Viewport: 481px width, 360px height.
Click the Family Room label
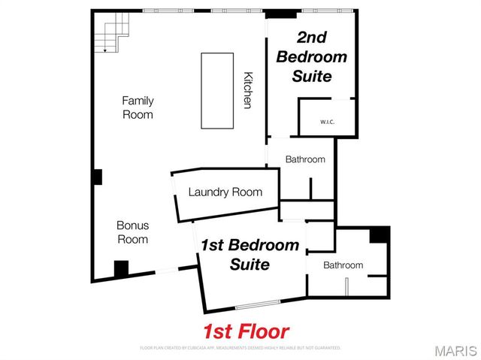(x=138, y=107)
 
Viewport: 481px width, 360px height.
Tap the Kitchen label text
(x=247, y=90)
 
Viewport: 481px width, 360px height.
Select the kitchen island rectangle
(x=216, y=90)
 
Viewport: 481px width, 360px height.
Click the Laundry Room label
(x=225, y=192)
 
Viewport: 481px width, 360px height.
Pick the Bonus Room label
(x=132, y=232)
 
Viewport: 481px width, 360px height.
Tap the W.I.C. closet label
(x=327, y=122)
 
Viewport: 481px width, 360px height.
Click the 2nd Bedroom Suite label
(x=312, y=56)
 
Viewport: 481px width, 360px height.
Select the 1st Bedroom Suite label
(x=250, y=255)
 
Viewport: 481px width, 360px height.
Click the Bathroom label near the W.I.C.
(x=305, y=159)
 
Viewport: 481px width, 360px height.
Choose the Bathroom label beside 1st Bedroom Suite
(x=343, y=265)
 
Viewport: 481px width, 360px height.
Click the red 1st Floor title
(x=245, y=331)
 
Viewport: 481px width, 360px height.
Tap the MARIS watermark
(x=455, y=350)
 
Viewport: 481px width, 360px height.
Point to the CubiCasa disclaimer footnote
(x=240, y=348)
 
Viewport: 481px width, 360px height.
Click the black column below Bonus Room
(x=121, y=268)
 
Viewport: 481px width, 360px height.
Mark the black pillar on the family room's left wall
(x=97, y=177)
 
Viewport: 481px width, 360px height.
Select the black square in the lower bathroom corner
(x=380, y=234)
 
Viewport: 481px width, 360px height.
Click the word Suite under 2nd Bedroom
(x=312, y=76)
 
